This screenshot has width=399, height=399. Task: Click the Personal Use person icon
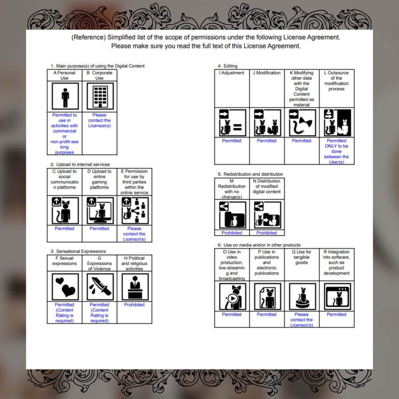coord(65,96)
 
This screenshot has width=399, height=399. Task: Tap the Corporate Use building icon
coord(100,96)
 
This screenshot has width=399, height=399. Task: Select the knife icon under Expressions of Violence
coord(100,287)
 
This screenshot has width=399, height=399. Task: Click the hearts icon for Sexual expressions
coord(65,287)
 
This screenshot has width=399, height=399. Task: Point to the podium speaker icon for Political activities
coord(135,287)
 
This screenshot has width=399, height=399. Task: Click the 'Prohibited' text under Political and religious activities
coord(134,305)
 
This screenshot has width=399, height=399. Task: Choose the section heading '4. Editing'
coord(228,66)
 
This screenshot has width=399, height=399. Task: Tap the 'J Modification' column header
coord(267,73)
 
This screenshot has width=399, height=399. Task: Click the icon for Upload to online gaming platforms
coord(100,211)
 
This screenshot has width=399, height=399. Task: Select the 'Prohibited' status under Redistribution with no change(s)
coord(231,233)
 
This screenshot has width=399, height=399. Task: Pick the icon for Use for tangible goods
coord(302,297)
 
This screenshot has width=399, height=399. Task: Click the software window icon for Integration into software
coord(337,297)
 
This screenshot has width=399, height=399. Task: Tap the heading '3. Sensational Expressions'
coord(78,251)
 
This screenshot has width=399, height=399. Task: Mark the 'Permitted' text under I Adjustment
coord(231,141)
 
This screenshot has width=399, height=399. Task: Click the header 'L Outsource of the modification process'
coord(336,81)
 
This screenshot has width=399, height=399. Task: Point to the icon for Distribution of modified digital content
coord(267,215)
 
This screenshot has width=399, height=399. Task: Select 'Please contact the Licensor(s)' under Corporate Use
coord(99,120)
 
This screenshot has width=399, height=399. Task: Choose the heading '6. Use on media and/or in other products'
coord(259,245)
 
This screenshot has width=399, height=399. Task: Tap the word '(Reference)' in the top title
coord(88,37)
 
